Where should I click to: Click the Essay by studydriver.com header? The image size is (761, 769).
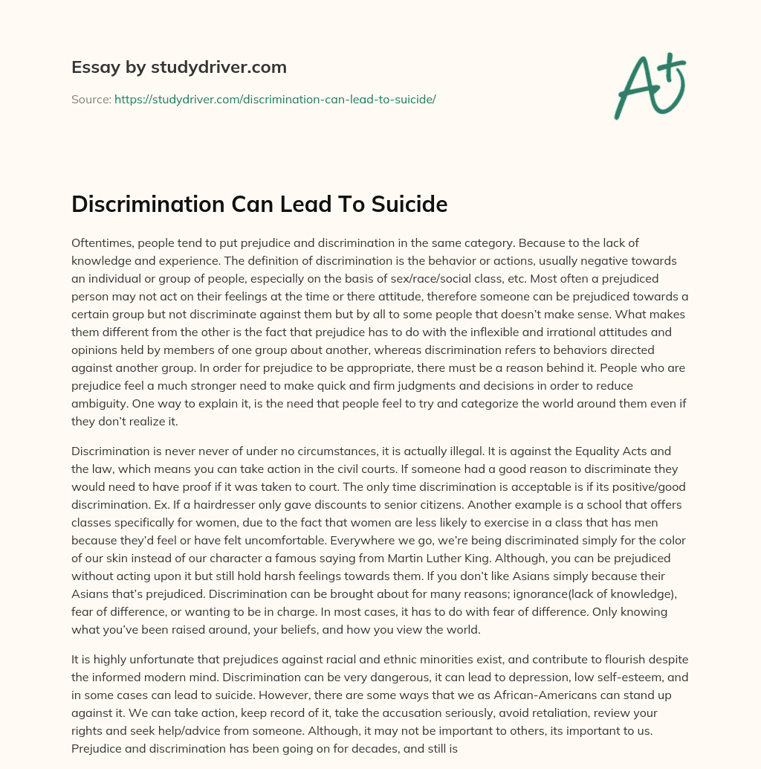click(179, 67)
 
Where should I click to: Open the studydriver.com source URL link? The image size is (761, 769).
click(274, 99)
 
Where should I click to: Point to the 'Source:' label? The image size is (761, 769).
click(91, 99)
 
